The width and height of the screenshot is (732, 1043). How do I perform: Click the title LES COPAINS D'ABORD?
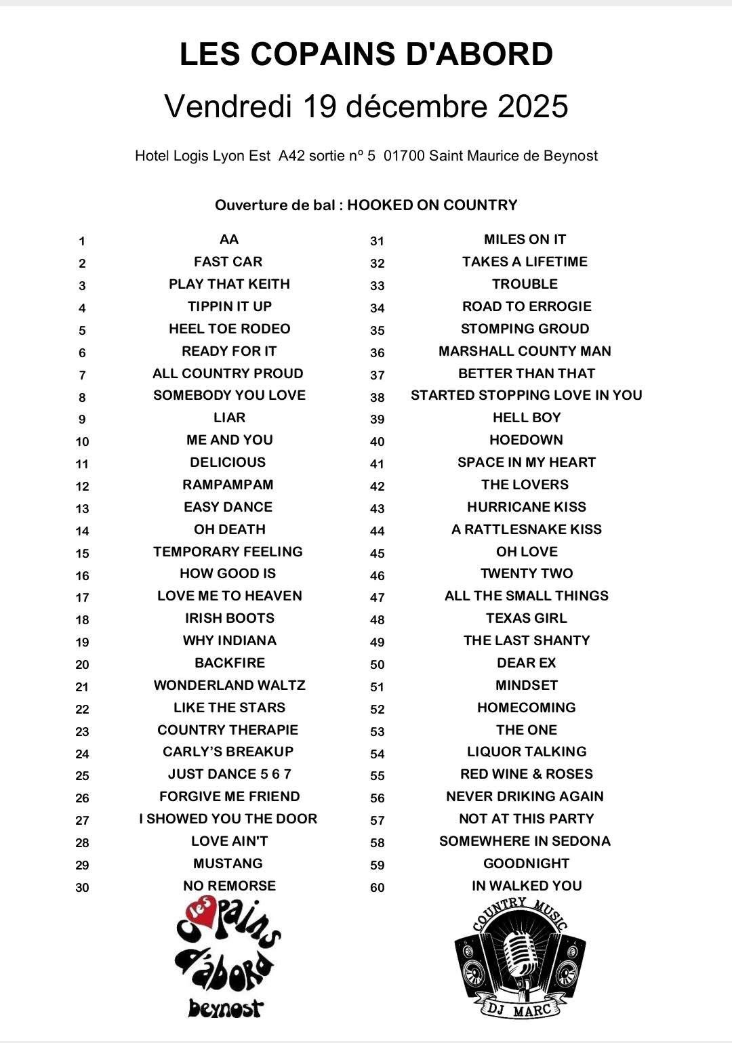pos(366,54)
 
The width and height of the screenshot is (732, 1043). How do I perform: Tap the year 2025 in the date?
pos(532,106)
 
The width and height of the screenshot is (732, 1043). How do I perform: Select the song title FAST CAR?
pos(228,262)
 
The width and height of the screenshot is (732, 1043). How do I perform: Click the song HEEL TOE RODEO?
pos(229,329)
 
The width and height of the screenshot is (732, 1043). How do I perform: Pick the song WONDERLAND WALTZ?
pos(229,685)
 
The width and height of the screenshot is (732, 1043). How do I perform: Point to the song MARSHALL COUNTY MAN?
pos(525,351)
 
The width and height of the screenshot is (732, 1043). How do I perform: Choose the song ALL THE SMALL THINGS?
pos(526,596)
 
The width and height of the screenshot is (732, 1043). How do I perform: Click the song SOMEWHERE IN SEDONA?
pos(525,841)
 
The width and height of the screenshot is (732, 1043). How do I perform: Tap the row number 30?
pos(82,887)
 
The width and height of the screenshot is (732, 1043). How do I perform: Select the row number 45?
pos(378,553)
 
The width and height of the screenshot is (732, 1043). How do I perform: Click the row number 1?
pos(82,241)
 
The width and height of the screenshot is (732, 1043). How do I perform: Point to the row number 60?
pos(378,887)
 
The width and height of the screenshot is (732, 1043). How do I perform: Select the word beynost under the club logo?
pos(225,1008)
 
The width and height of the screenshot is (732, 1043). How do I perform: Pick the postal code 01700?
pos(404,156)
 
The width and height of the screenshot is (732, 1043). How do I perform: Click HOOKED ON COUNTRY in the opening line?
pos(432,205)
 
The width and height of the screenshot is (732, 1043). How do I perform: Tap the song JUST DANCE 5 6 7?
pos(229,774)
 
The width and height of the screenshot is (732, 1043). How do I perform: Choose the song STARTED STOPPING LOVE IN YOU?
pos(526,395)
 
